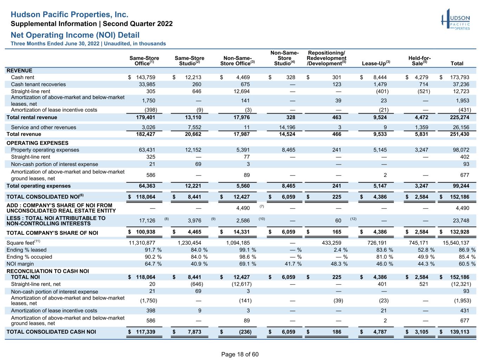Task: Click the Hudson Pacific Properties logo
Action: (455, 19)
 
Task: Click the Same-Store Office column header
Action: (144, 61)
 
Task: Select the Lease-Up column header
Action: (376, 63)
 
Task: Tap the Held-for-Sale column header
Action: (419, 61)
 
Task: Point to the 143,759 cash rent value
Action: (146, 77)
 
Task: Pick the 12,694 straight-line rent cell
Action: (242, 91)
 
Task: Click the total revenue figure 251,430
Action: (459, 134)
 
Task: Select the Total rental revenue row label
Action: (32, 117)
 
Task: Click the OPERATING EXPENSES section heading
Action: (37, 143)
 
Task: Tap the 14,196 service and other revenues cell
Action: (287, 127)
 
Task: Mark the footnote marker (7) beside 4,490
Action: (262, 206)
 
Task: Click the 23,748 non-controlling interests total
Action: (461, 220)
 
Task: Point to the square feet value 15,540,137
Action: (456, 243)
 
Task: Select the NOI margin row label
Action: (20, 264)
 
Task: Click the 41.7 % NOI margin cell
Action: (293, 264)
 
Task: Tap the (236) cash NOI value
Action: (245, 332)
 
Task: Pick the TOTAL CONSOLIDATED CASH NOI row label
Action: (51, 332)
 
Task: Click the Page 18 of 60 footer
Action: (240, 354)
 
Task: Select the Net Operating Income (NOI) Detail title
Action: (75, 35)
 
